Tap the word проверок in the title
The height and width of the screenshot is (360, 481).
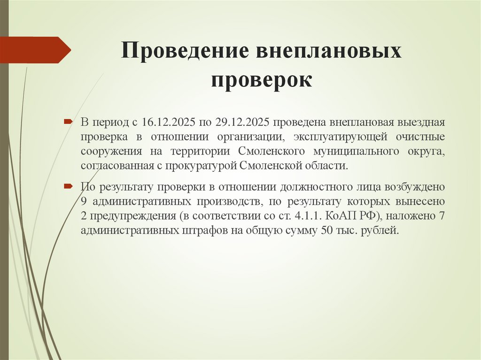click(261, 79)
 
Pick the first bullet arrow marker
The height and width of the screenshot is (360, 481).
click(68, 122)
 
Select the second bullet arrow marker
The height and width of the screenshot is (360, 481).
click(68, 186)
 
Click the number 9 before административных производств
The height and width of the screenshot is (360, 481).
click(83, 202)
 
